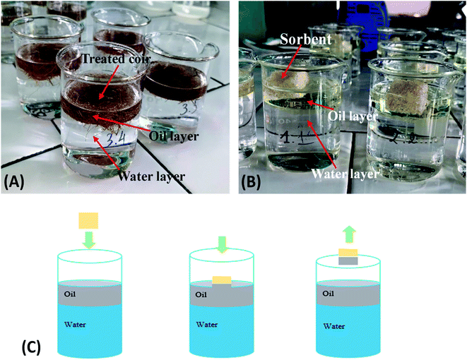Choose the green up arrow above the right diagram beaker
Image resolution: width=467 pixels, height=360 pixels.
pyautogui.click(x=349, y=234)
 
